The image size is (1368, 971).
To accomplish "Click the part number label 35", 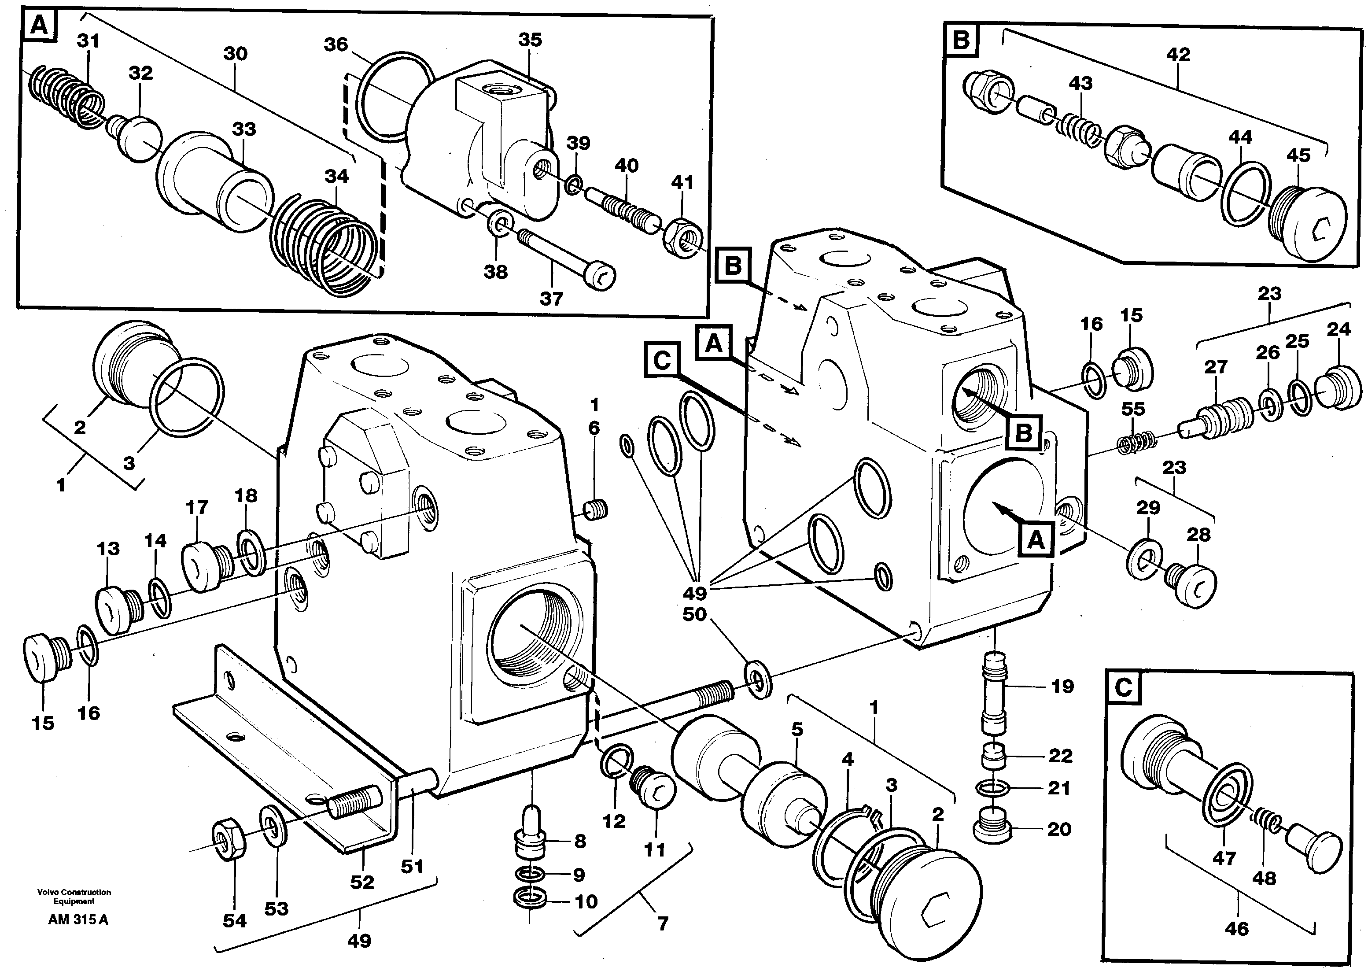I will [x=530, y=40].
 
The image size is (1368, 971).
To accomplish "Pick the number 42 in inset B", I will [x=1177, y=55].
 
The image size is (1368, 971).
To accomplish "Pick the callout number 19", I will [x=1062, y=687].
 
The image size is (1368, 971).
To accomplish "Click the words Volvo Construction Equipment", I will [x=74, y=896].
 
